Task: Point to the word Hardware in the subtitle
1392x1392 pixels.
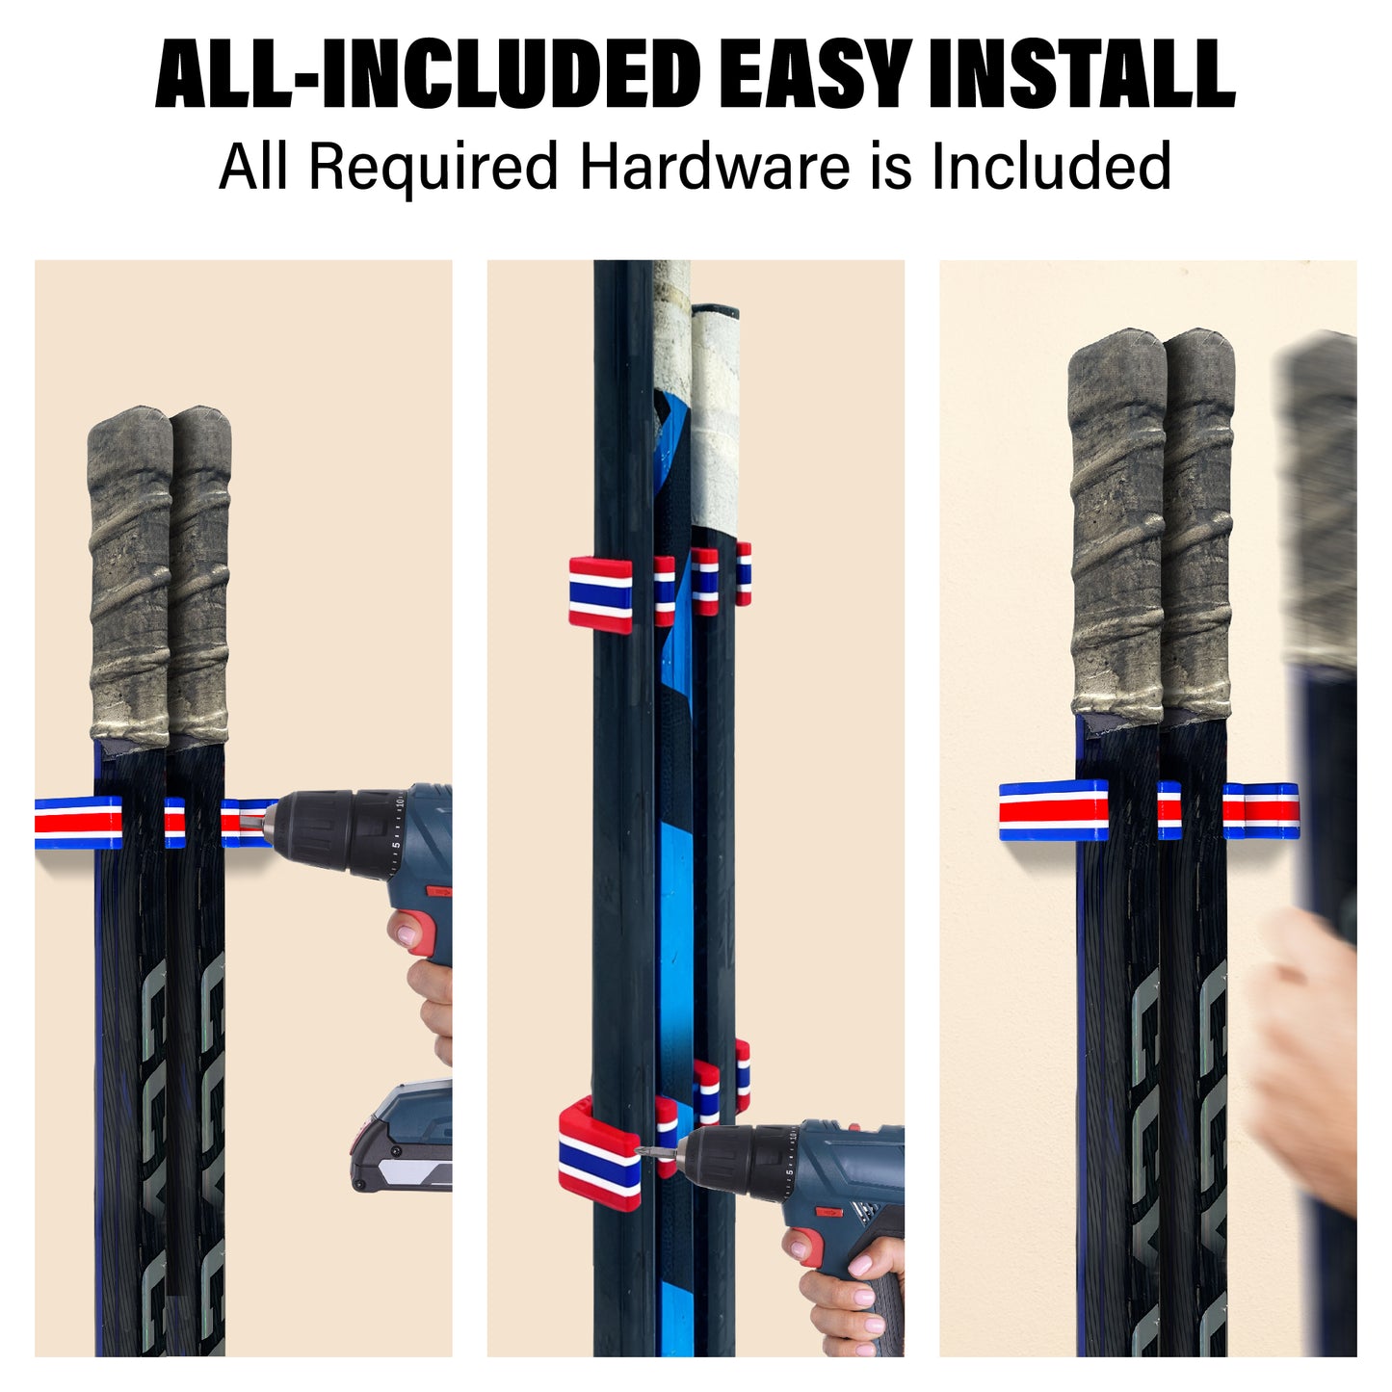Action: point(714,167)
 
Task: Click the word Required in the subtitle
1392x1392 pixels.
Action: point(433,167)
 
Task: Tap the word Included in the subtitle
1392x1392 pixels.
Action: point(1051,167)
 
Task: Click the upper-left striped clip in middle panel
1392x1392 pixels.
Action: point(600,594)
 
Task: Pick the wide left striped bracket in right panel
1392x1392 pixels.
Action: point(1053,810)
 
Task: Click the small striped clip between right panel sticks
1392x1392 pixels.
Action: point(1169,810)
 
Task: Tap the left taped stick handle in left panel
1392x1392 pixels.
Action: point(130,578)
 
